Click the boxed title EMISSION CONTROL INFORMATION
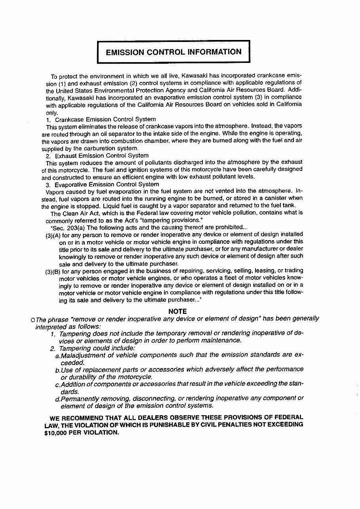pos(173,52)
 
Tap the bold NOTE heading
pos(177,311)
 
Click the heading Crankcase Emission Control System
pos(105,119)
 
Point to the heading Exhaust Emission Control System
pos(102,156)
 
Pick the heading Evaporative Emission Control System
pos(107,184)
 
